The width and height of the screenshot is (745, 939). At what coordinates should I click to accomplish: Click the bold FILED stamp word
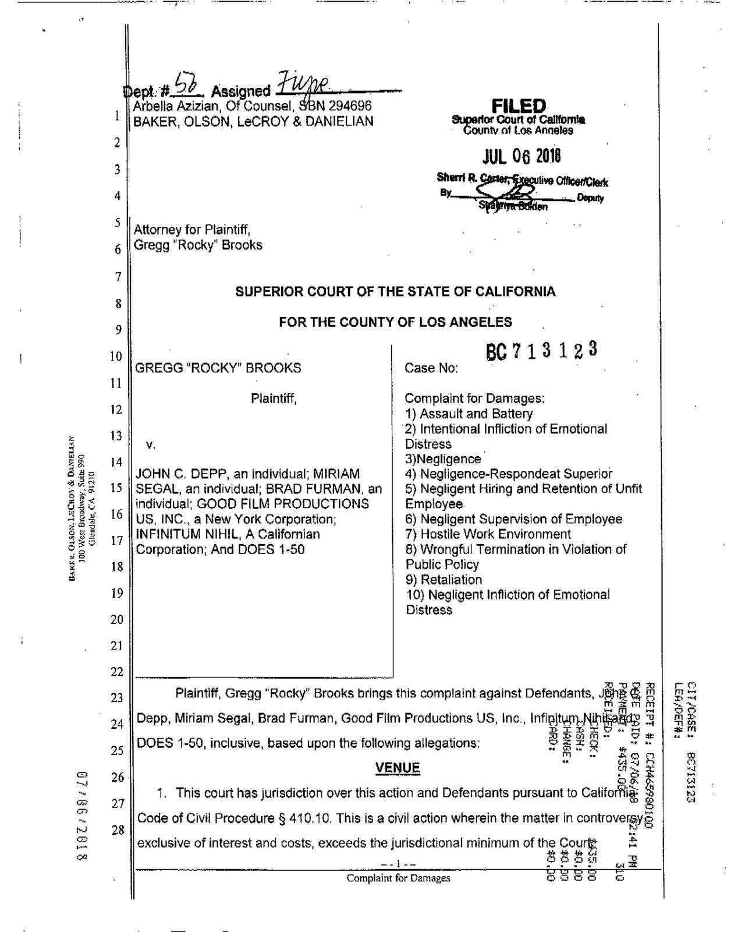tap(519, 106)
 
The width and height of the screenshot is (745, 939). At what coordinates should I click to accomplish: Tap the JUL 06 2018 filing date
tap(521, 156)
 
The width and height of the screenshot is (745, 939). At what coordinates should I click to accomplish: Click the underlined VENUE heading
tap(398, 768)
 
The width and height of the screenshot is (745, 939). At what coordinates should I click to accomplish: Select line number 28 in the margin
tap(118, 829)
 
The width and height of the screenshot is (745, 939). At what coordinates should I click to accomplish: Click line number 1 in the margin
tap(118, 115)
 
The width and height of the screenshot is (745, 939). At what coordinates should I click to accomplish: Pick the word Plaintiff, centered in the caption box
tap(274, 399)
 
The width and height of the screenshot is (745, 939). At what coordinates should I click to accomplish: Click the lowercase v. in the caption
tap(150, 445)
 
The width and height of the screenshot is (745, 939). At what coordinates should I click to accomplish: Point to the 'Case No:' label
tap(431, 368)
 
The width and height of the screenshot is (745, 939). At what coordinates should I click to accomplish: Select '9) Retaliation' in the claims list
tap(444, 580)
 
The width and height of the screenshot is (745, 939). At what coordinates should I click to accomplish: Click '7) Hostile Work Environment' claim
tap(488, 534)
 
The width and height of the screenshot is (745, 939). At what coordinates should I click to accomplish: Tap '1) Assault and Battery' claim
tap(469, 414)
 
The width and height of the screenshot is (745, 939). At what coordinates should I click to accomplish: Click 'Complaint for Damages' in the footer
tap(398, 878)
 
